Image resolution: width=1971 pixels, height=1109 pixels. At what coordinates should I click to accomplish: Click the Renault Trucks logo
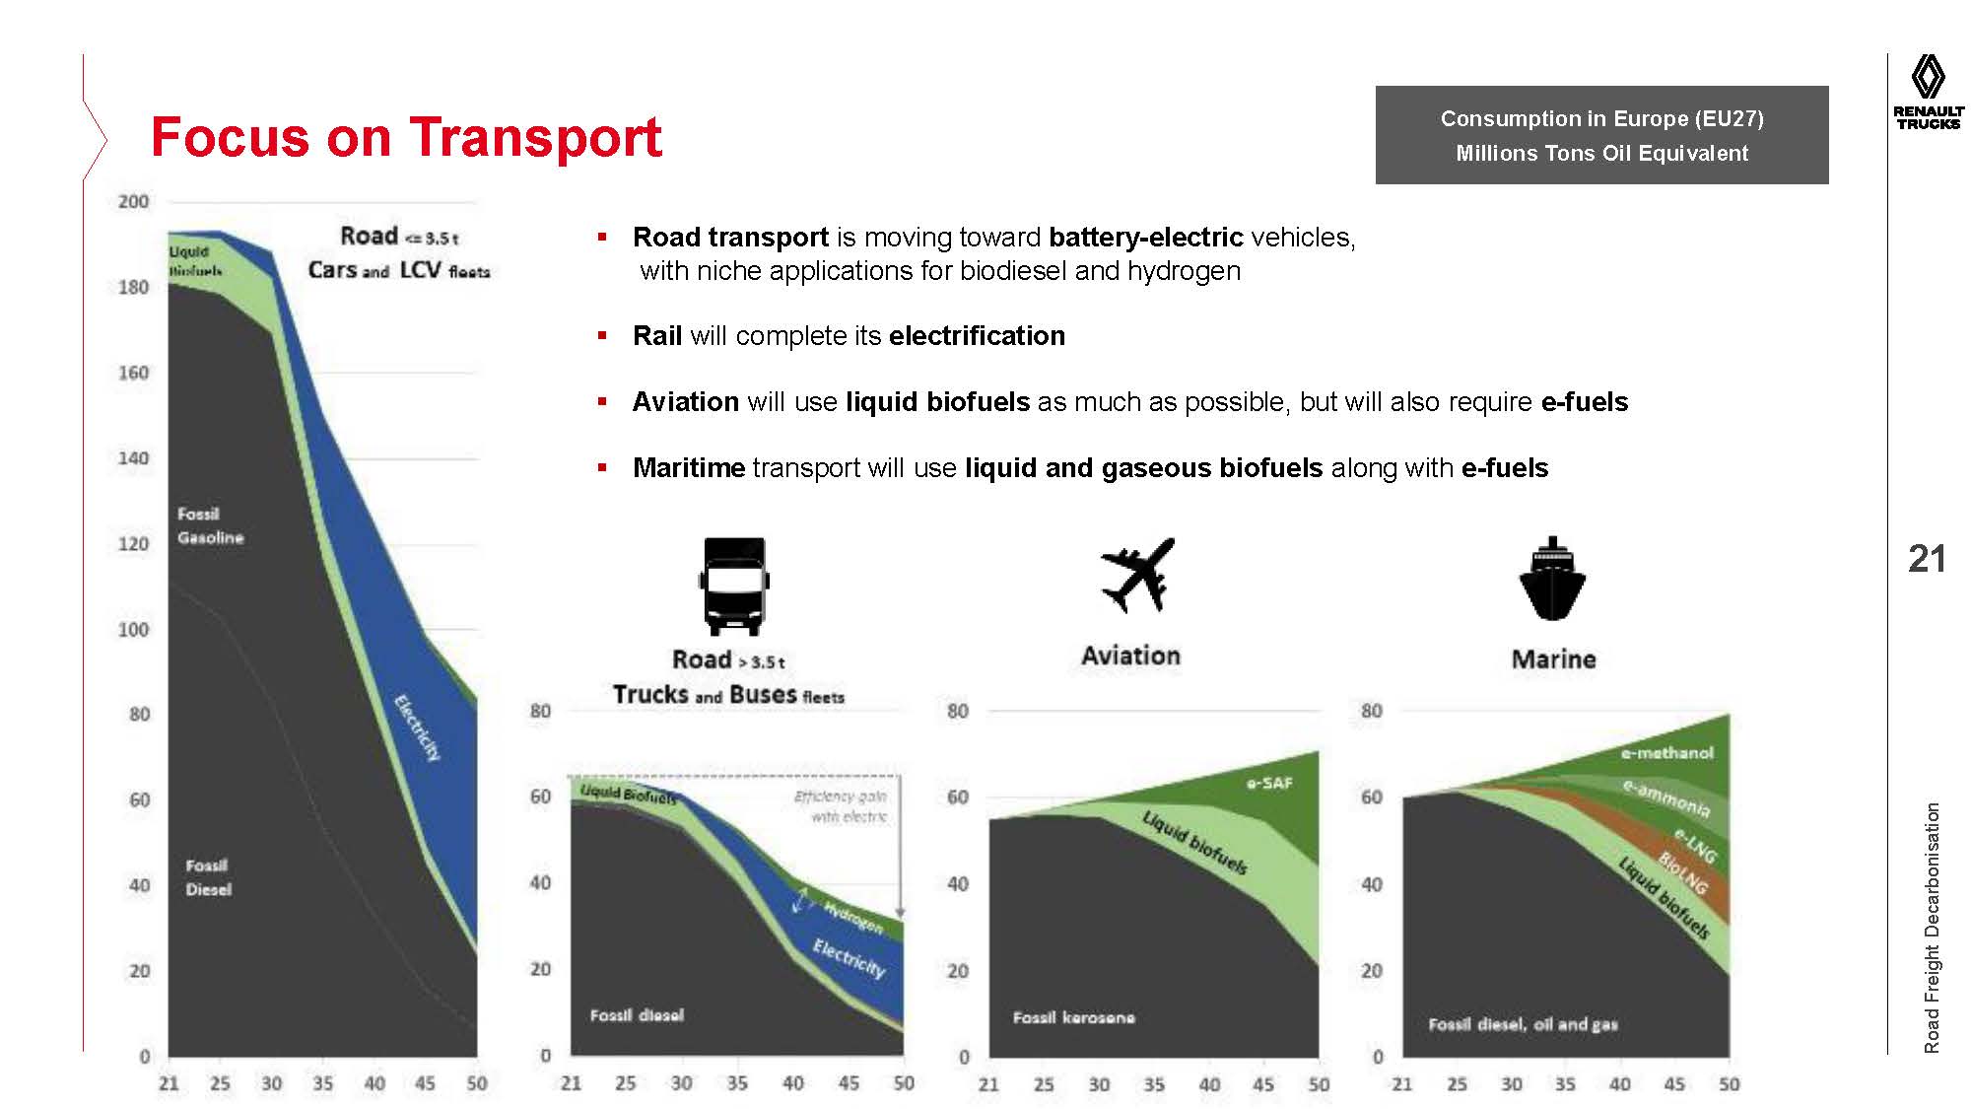coord(1928,93)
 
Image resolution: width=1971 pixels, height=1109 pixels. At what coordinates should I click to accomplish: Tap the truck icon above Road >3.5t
coord(734,586)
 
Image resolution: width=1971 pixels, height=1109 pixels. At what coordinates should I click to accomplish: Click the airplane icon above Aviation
coord(1138,575)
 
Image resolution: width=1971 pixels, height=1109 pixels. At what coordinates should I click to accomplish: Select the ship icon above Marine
coord(1552,580)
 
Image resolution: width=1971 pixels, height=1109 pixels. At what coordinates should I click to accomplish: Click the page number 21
coord(1927,559)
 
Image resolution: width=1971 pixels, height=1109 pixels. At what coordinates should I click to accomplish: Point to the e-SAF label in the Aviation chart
coord(1268,784)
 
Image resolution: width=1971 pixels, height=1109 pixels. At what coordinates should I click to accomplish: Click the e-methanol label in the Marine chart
coord(1667,753)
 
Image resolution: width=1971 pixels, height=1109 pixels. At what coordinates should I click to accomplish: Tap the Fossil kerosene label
coord(1073,1017)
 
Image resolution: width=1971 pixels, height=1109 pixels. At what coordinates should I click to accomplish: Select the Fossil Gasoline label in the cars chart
coord(210,525)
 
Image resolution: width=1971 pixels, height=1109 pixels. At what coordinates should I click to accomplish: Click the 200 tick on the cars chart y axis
coord(133,202)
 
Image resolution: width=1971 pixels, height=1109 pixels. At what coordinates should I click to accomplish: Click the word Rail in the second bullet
coord(657,336)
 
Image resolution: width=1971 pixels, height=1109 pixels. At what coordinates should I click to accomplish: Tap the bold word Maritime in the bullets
coord(688,468)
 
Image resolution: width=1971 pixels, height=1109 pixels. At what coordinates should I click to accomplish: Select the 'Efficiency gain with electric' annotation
coord(841,806)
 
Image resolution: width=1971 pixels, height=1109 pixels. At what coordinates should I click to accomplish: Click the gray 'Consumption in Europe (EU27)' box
coord(1601,135)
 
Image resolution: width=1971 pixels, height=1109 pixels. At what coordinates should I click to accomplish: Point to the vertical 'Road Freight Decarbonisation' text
coord(1932,927)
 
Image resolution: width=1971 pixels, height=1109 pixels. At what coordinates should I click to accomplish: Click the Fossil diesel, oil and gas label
coord(1523,1025)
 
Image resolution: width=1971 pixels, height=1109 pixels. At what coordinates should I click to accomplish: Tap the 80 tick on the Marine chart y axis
coord(1371,711)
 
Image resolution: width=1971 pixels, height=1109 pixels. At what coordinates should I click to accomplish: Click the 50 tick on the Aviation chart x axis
coord(1319,1084)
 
